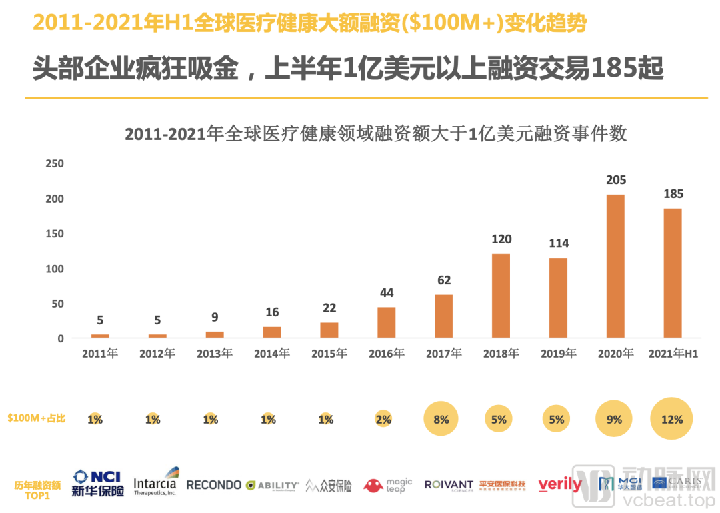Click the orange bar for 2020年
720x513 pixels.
point(615,266)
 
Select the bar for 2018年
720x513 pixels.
point(501,296)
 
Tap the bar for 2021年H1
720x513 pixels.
point(673,273)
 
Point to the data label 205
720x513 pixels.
point(615,180)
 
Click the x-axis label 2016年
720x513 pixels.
point(386,354)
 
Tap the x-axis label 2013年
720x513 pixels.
point(214,354)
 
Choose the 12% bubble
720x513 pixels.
point(672,420)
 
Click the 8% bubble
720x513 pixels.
point(441,420)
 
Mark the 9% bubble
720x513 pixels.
point(614,420)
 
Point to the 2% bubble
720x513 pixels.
point(383,420)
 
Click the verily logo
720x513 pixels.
point(560,485)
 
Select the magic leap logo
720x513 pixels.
point(388,485)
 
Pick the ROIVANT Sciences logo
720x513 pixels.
point(449,486)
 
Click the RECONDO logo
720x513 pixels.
point(213,485)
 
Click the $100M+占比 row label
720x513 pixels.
point(37,419)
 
